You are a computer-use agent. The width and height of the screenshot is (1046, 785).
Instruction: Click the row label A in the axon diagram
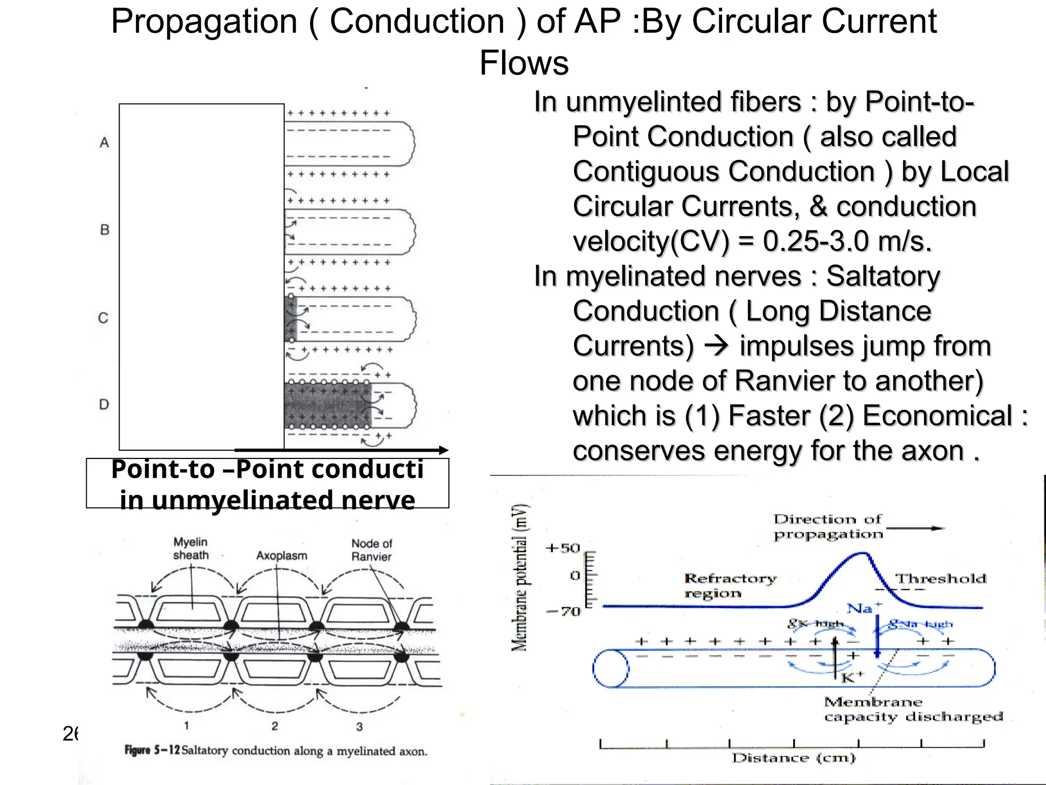click(104, 143)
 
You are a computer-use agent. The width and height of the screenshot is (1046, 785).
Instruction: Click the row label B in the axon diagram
click(105, 230)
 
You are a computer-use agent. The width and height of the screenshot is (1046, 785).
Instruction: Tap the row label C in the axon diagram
click(103, 318)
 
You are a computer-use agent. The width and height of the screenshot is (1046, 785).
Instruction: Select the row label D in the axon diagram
click(104, 405)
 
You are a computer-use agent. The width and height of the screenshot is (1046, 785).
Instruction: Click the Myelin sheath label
click(191, 548)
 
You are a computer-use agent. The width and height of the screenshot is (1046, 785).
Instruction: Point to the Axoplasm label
click(281, 556)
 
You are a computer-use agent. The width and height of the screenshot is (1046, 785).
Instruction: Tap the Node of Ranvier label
click(371, 550)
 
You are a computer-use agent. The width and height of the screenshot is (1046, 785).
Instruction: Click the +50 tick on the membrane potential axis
click(563, 548)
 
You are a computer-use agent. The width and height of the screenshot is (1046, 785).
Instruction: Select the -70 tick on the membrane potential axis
click(563, 611)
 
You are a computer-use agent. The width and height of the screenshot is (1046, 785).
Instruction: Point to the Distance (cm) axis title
click(793, 758)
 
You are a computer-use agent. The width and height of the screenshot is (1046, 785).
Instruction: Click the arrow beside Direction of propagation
click(915, 528)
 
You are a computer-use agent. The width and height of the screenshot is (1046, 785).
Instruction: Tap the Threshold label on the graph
click(941, 579)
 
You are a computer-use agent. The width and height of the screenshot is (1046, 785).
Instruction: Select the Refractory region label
click(729, 586)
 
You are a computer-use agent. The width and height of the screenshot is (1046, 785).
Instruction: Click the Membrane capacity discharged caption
click(913, 709)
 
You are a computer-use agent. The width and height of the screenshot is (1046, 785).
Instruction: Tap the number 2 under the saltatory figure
click(275, 726)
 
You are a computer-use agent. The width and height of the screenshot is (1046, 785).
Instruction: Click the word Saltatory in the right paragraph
click(883, 276)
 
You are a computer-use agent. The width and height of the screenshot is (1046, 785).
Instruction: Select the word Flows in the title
click(524, 63)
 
